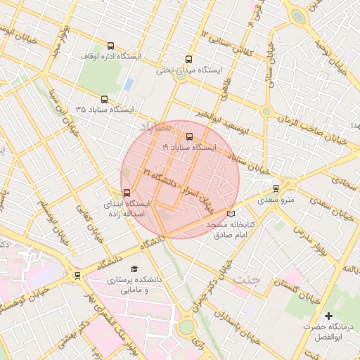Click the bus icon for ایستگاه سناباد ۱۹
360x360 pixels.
point(189,136)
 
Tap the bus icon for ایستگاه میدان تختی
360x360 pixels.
point(188,60)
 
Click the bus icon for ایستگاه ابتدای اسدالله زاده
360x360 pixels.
point(127,192)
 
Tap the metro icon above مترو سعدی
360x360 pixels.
point(276,188)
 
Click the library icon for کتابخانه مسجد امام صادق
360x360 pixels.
point(231,213)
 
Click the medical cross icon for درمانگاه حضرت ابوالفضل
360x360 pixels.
point(328,316)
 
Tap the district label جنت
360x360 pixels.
point(246,279)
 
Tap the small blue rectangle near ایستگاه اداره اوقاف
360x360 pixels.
point(128,84)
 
